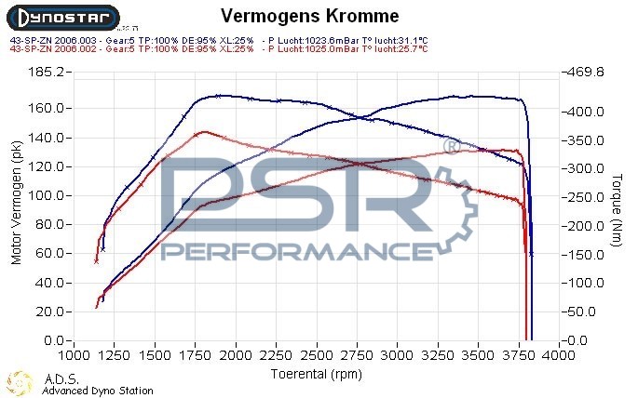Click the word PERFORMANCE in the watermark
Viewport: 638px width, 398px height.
coord(289,252)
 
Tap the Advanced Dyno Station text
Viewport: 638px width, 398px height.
coord(98,391)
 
